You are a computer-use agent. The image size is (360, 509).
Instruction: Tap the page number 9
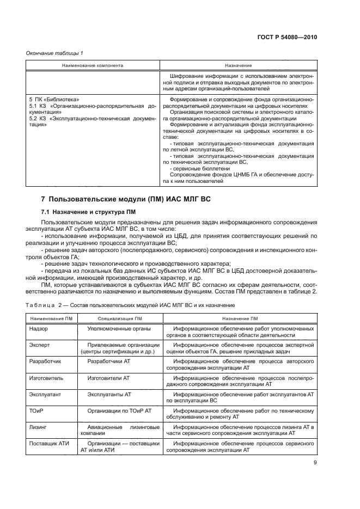pyautogui.click(x=315, y=463)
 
